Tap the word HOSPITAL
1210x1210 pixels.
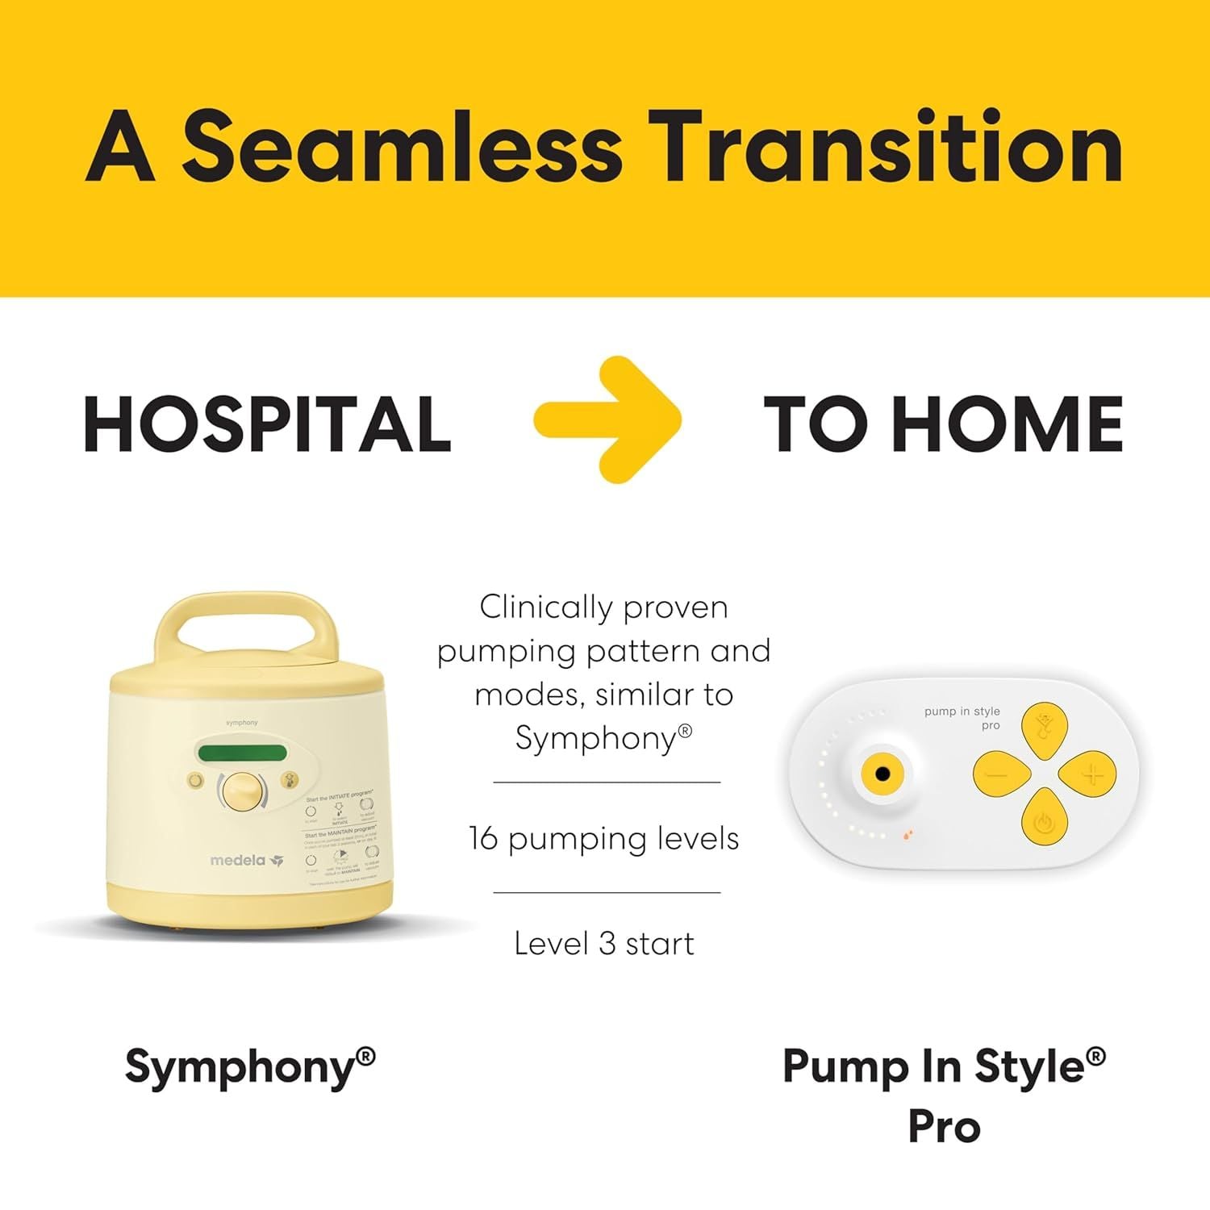point(267,424)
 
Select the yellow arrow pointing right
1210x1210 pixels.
point(608,419)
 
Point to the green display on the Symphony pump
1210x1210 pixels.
point(243,753)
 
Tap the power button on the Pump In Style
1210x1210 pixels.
point(1044,823)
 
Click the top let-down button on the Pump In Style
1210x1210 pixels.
point(1044,729)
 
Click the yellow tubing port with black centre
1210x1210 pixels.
point(882,774)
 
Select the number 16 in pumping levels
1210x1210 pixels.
point(483,839)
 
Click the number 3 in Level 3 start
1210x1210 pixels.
point(607,943)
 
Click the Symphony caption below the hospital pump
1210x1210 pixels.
point(250,1067)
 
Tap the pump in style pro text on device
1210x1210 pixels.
point(962,717)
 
